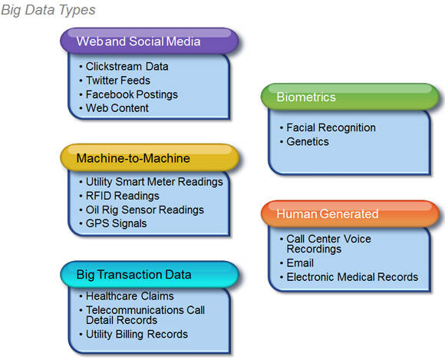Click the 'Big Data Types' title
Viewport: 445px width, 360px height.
click(x=48, y=10)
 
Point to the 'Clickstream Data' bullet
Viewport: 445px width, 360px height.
click(x=127, y=67)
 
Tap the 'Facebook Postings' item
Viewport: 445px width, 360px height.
click(x=131, y=94)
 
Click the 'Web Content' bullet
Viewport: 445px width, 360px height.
click(x=117, y=108)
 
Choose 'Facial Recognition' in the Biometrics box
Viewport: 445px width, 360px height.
click(x=331, y=127)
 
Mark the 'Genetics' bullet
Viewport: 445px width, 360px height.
click(x=308, y=141)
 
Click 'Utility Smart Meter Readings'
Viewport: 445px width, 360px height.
click(x=154, y=182)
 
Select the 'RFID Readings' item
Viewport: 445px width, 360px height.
click(x=122, y=196)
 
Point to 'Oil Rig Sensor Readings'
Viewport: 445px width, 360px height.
click(x=144, y=210)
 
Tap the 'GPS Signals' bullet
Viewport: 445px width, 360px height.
click(x=116, y=223)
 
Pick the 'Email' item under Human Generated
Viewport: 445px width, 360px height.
click(x=301, y=263)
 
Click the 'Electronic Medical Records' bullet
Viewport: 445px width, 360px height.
click(x=351, y=276)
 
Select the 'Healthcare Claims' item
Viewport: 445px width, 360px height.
click(x=130, y=296)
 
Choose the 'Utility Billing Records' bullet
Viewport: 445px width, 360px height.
click(x=137, y=334)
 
